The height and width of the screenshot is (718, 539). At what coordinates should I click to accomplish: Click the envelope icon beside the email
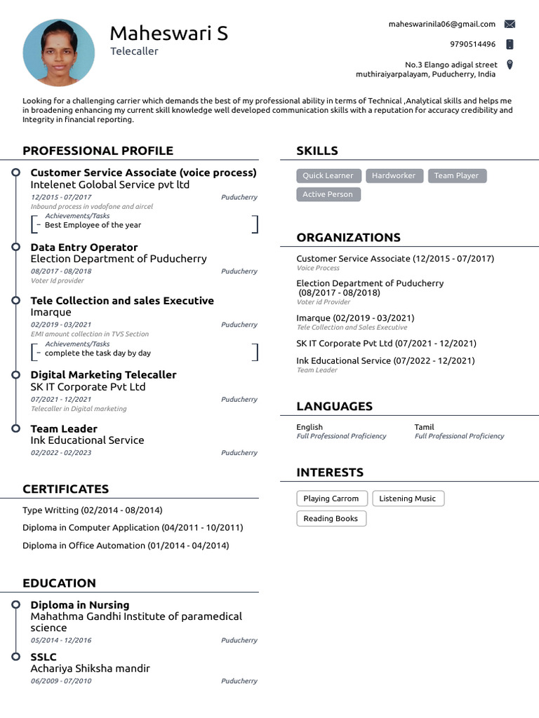click(x=510, y=24)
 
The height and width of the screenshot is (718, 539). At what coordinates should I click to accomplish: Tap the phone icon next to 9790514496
click(x=510, y=44)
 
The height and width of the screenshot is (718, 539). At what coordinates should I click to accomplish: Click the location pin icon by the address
click(x=510, y=65)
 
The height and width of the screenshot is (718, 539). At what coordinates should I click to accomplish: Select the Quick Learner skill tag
click(x=328, y=176)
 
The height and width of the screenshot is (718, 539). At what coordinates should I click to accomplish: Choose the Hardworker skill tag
click(x=393, y=176)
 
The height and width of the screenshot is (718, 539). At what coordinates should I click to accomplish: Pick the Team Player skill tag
click(x=456, y=176)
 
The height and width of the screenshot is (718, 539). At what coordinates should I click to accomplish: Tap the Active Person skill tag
click(x=328, y=194)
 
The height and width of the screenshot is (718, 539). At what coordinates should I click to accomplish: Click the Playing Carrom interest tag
click(x=331, y=499)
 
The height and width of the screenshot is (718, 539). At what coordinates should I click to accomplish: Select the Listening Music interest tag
click(x=407, y=499)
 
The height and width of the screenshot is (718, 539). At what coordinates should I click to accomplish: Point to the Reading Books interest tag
click(x=331, y=519)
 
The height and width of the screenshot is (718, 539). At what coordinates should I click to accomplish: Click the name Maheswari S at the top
click(x=168, y=33)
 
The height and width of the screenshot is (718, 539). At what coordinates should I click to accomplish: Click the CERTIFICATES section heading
click(x=65, y=489)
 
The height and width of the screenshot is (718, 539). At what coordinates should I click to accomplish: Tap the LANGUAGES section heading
click(x=334, y=406)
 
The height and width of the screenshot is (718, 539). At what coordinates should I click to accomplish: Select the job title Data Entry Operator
click(x=84, y=247)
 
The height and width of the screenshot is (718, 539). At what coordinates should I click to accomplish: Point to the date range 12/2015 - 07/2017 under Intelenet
click(x=60, y=198)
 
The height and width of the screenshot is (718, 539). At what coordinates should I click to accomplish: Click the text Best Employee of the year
click(x=93, y=225)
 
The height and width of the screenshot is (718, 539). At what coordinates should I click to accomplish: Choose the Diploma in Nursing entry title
click(x=79, y=604)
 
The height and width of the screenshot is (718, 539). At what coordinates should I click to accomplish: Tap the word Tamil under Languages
click(x=424, y=427)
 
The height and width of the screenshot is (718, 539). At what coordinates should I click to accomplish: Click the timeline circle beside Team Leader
click(x=15, y=428)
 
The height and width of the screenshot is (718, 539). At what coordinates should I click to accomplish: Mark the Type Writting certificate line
click(x=92, y=510)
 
